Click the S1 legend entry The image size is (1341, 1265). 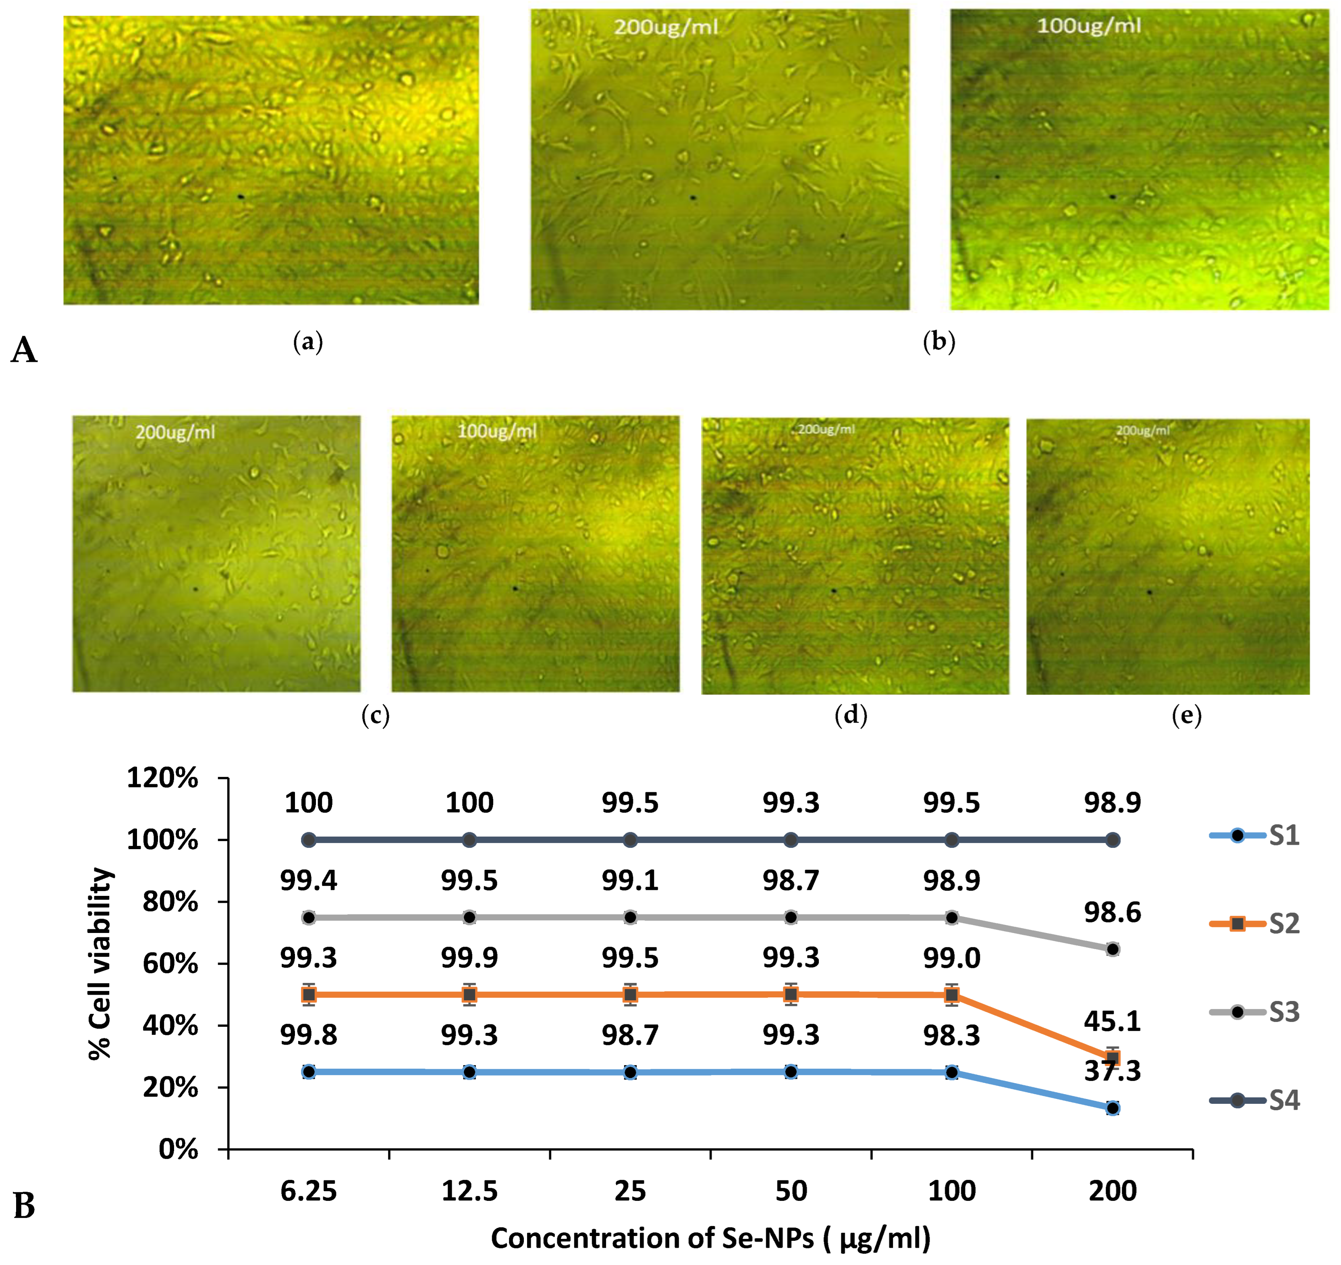[x=1255, y=835]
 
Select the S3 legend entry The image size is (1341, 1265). [x=1255, y=1012]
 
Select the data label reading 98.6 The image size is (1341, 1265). [x=1112, y=912]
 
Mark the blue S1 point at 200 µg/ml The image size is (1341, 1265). [x=1112, y=1108]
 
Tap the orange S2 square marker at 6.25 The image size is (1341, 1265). [x=309, y=995]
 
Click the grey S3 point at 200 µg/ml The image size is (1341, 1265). [x=1112, y=949]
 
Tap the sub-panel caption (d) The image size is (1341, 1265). [x=851, y=715]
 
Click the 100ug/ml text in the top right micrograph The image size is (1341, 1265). [x=1089, y=26]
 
